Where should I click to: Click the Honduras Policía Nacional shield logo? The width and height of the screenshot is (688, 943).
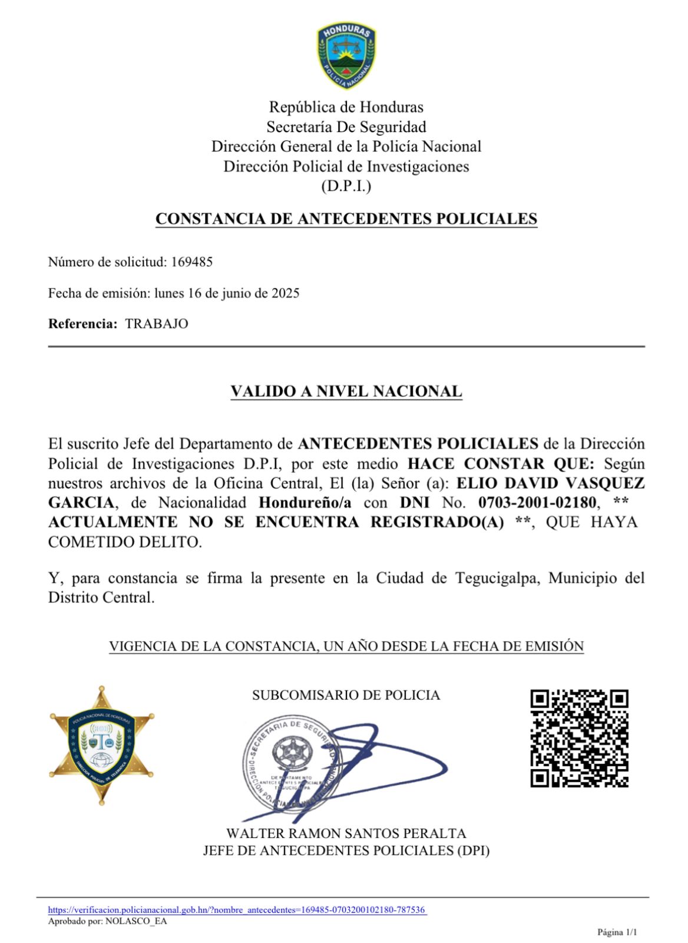346,57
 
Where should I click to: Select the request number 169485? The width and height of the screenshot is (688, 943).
191,262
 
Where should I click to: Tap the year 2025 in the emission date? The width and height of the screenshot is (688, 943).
285,294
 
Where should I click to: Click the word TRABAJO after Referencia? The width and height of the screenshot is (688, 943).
157,324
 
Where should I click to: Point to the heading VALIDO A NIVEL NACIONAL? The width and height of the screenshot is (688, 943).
346,391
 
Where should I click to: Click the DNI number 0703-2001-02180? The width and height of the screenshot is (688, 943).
537,503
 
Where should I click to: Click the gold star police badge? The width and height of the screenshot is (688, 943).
102,745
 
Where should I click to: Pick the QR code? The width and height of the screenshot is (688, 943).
579,738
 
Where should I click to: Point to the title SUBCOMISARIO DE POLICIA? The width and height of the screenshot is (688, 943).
346,695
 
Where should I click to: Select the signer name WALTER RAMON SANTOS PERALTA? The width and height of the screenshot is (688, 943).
346,834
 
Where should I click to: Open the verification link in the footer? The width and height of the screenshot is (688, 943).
237,910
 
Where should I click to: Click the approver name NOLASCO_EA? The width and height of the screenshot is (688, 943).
136,921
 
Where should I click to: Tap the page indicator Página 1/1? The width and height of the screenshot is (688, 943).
617,932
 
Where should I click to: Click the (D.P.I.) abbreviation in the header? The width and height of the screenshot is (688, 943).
346,186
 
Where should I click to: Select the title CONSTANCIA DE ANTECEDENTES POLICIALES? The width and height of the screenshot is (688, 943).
346,219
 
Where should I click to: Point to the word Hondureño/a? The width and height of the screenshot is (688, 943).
305,503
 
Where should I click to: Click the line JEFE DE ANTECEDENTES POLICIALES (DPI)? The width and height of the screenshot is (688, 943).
346,851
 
